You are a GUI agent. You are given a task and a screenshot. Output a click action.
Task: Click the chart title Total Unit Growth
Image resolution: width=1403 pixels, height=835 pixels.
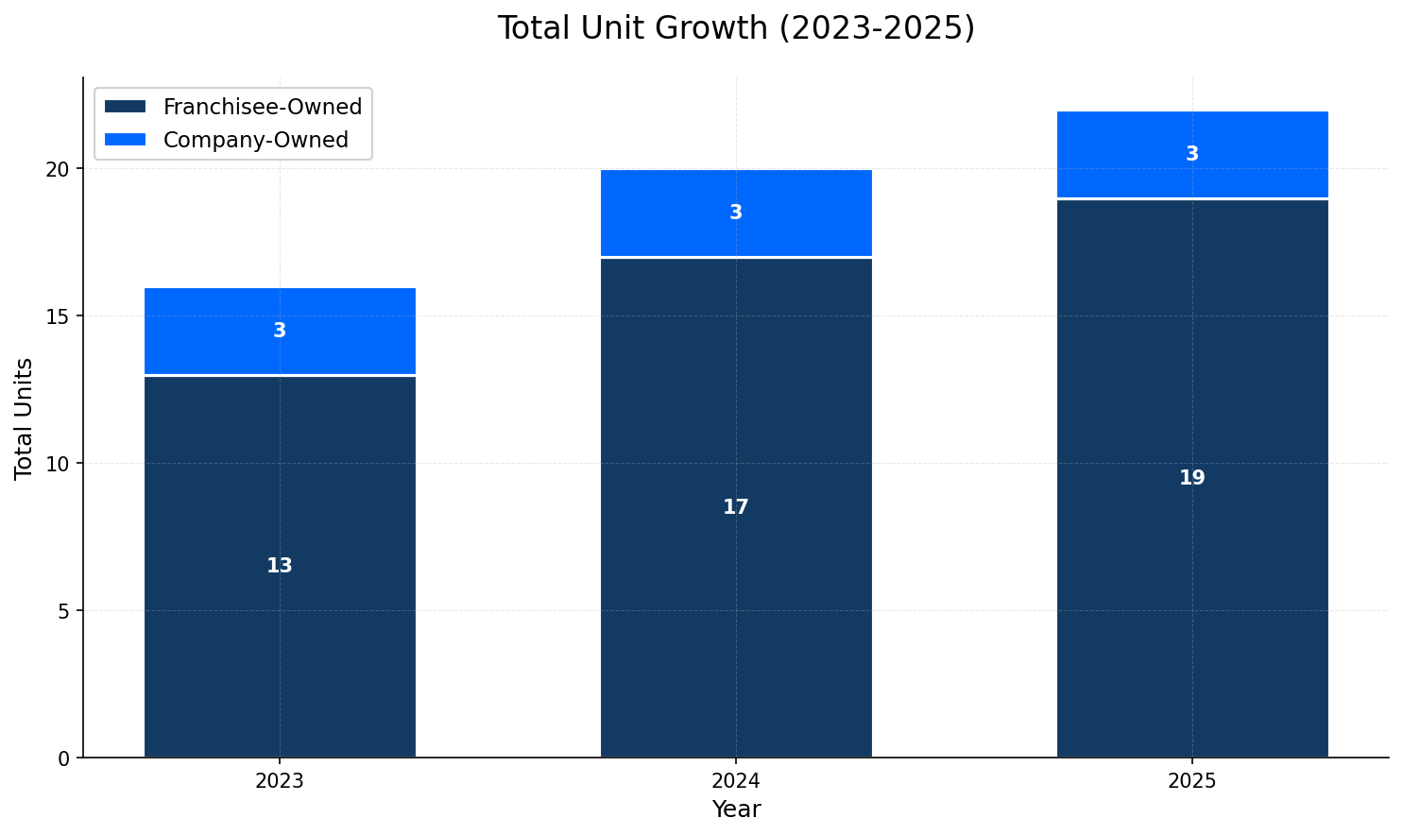point(735,28)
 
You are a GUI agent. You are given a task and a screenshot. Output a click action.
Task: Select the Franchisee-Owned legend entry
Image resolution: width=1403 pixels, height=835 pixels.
point(262,108)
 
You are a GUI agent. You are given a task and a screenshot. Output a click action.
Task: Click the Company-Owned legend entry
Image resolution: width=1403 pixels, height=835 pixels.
point(255,140)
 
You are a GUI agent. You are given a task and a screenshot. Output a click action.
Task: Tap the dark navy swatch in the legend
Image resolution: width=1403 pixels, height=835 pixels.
point(125,108)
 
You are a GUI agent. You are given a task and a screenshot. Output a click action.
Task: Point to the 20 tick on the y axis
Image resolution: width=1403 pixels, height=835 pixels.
point(59,169)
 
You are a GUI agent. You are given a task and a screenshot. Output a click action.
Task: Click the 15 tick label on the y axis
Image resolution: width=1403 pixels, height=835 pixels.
point(59,316)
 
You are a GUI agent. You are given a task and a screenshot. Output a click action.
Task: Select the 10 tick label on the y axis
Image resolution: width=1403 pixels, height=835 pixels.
point(59,464)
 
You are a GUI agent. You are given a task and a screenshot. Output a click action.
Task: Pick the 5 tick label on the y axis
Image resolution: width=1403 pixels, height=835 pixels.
point(64,611)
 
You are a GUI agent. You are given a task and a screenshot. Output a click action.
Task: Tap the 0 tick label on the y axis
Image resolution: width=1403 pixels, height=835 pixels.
point(64,758)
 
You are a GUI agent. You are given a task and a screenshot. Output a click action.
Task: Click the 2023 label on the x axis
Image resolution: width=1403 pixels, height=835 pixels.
point(280,782)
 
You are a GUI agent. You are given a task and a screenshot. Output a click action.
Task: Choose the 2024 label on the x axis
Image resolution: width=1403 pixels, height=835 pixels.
point(736,782)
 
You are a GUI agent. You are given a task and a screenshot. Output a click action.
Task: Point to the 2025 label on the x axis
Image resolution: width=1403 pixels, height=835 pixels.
point(1192,782)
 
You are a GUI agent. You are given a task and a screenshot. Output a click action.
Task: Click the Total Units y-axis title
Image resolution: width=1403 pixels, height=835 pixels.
point(25,418)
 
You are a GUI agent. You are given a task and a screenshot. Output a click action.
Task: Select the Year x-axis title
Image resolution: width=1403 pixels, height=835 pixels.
point(736,809)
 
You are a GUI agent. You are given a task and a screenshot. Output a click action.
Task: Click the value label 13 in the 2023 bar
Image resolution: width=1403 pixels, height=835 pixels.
point(280,566)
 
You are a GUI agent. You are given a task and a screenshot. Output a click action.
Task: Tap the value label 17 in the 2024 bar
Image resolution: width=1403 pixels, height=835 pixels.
point(736,507)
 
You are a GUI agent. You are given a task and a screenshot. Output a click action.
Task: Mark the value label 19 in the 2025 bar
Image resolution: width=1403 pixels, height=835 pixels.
point(1192,478)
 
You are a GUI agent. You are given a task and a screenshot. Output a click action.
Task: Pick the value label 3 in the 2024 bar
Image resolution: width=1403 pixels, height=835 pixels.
point(736,213)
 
